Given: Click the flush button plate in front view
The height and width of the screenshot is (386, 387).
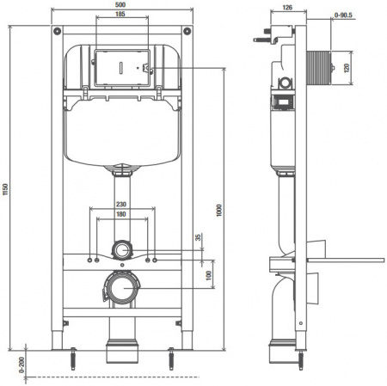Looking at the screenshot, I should [x=120, y=67].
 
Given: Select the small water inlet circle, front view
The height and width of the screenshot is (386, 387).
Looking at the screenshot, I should [x=122, y=252].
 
